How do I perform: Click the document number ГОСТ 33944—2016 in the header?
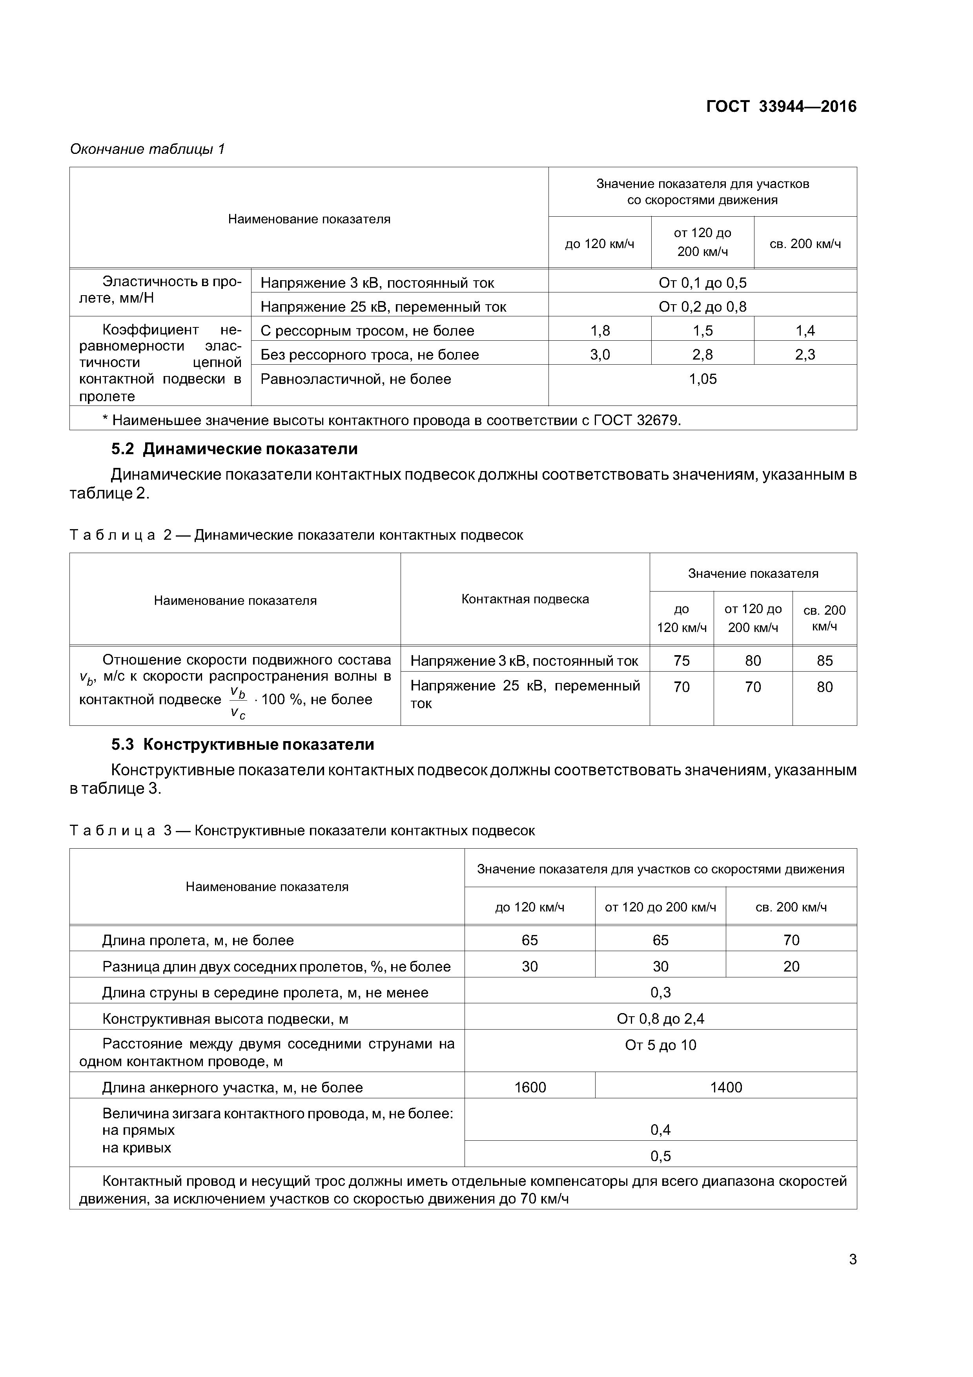[x=781, y=107]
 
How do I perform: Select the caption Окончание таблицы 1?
[x=148, y=149]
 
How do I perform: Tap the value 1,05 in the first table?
[x=703, y=379]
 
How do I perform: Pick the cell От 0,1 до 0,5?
[x=703, y=283]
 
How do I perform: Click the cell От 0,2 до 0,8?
[x=703, y=307]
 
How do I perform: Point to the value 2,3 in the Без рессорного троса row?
[x=805, y=354]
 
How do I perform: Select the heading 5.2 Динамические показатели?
[x=234, y=449]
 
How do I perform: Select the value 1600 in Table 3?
[x=530, y=1087]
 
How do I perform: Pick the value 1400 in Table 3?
[x=725, y=1087]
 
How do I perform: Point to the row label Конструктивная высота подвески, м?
[x=226, y=1019]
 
